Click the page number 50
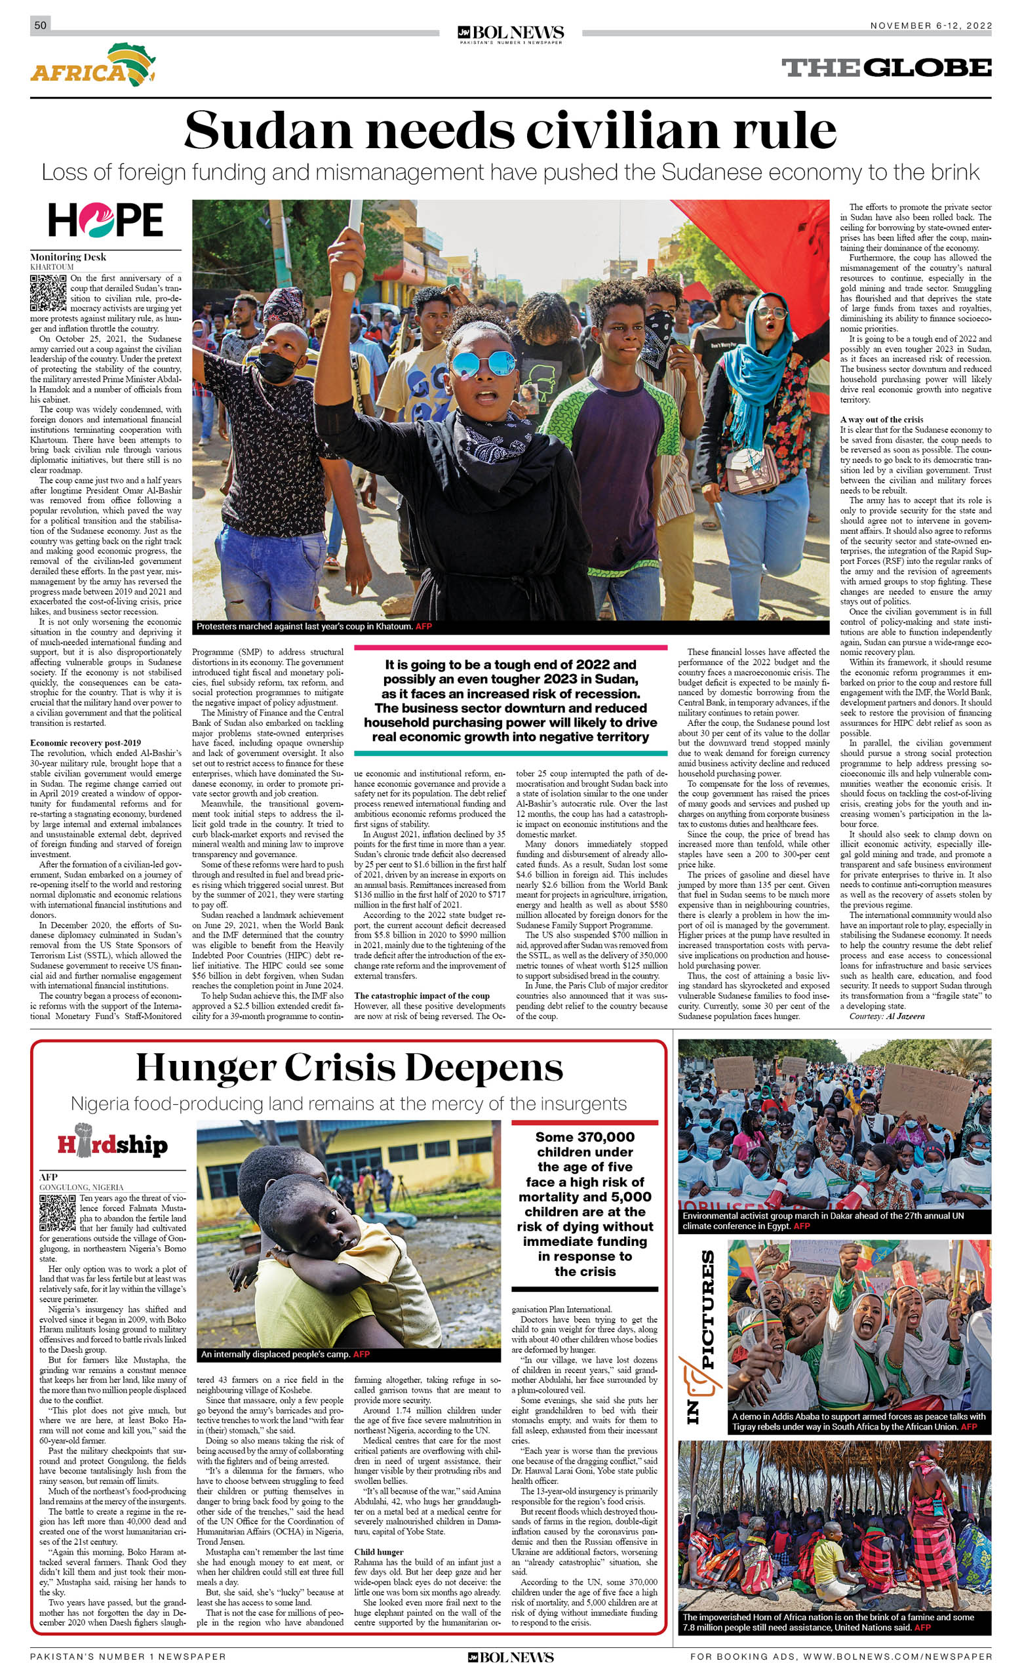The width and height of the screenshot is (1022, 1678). click(x=40, y=25)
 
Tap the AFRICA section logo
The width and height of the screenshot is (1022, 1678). click(x=92, y=66)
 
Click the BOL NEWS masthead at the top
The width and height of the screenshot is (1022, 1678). click(x=511, y=33)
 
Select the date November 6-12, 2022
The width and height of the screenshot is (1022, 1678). click(x=930, y=26)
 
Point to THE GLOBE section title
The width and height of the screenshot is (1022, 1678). click(x=886, y=68)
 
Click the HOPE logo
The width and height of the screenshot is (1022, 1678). click(x=106, y=220)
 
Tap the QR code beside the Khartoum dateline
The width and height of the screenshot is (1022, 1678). click(x=49, y=293)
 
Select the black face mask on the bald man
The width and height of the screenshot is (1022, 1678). click(x=276, y=367)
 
